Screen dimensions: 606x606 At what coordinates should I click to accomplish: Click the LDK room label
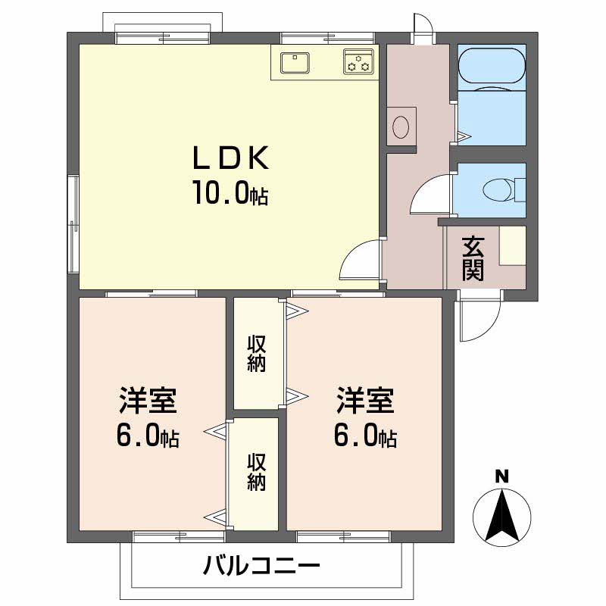tap(229, 158)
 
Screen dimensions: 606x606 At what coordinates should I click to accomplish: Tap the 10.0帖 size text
tap(229, 194)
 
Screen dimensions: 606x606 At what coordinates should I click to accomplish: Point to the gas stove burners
tap(358, 62)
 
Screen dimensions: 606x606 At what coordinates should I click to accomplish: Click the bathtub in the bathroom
tap(492, 68)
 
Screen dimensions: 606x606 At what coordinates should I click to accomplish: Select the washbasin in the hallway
tap(403, 125)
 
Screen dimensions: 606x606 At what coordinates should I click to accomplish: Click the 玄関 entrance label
tap(474, 258)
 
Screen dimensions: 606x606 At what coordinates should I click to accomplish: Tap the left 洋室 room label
tap(148, 401)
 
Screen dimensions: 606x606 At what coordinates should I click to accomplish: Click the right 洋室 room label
tap(366, 401)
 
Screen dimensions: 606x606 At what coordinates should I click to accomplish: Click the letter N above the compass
tap(501, 476)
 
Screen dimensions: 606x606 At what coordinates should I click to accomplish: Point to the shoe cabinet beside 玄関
tap(512, 245)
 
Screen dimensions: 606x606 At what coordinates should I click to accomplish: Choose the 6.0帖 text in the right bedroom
tap(367, 436)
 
